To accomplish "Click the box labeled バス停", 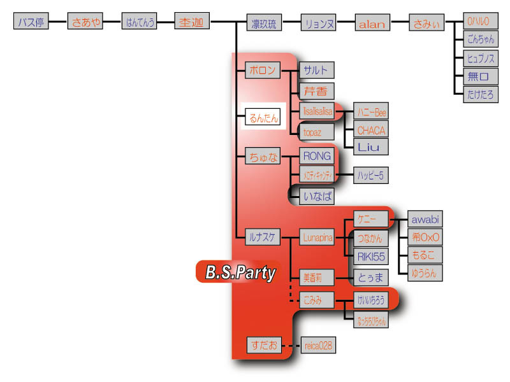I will [x=31, y=22].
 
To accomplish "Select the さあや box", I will [x=85, y=22].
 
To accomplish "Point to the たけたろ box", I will [x=481, y=95].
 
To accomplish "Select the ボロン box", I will [x=263, y=70].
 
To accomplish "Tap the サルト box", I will [x=317, y=70].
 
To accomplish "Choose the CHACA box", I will [x=371, y=130].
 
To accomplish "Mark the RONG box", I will [x=317, y=156].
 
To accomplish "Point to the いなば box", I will [x=317, y=196].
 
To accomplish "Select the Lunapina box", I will [x=317, y=237].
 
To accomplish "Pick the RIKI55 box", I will [x=371, y=257].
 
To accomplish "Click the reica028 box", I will [x=317, y=346].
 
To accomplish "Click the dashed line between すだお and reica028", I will [x=291, y=346].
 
